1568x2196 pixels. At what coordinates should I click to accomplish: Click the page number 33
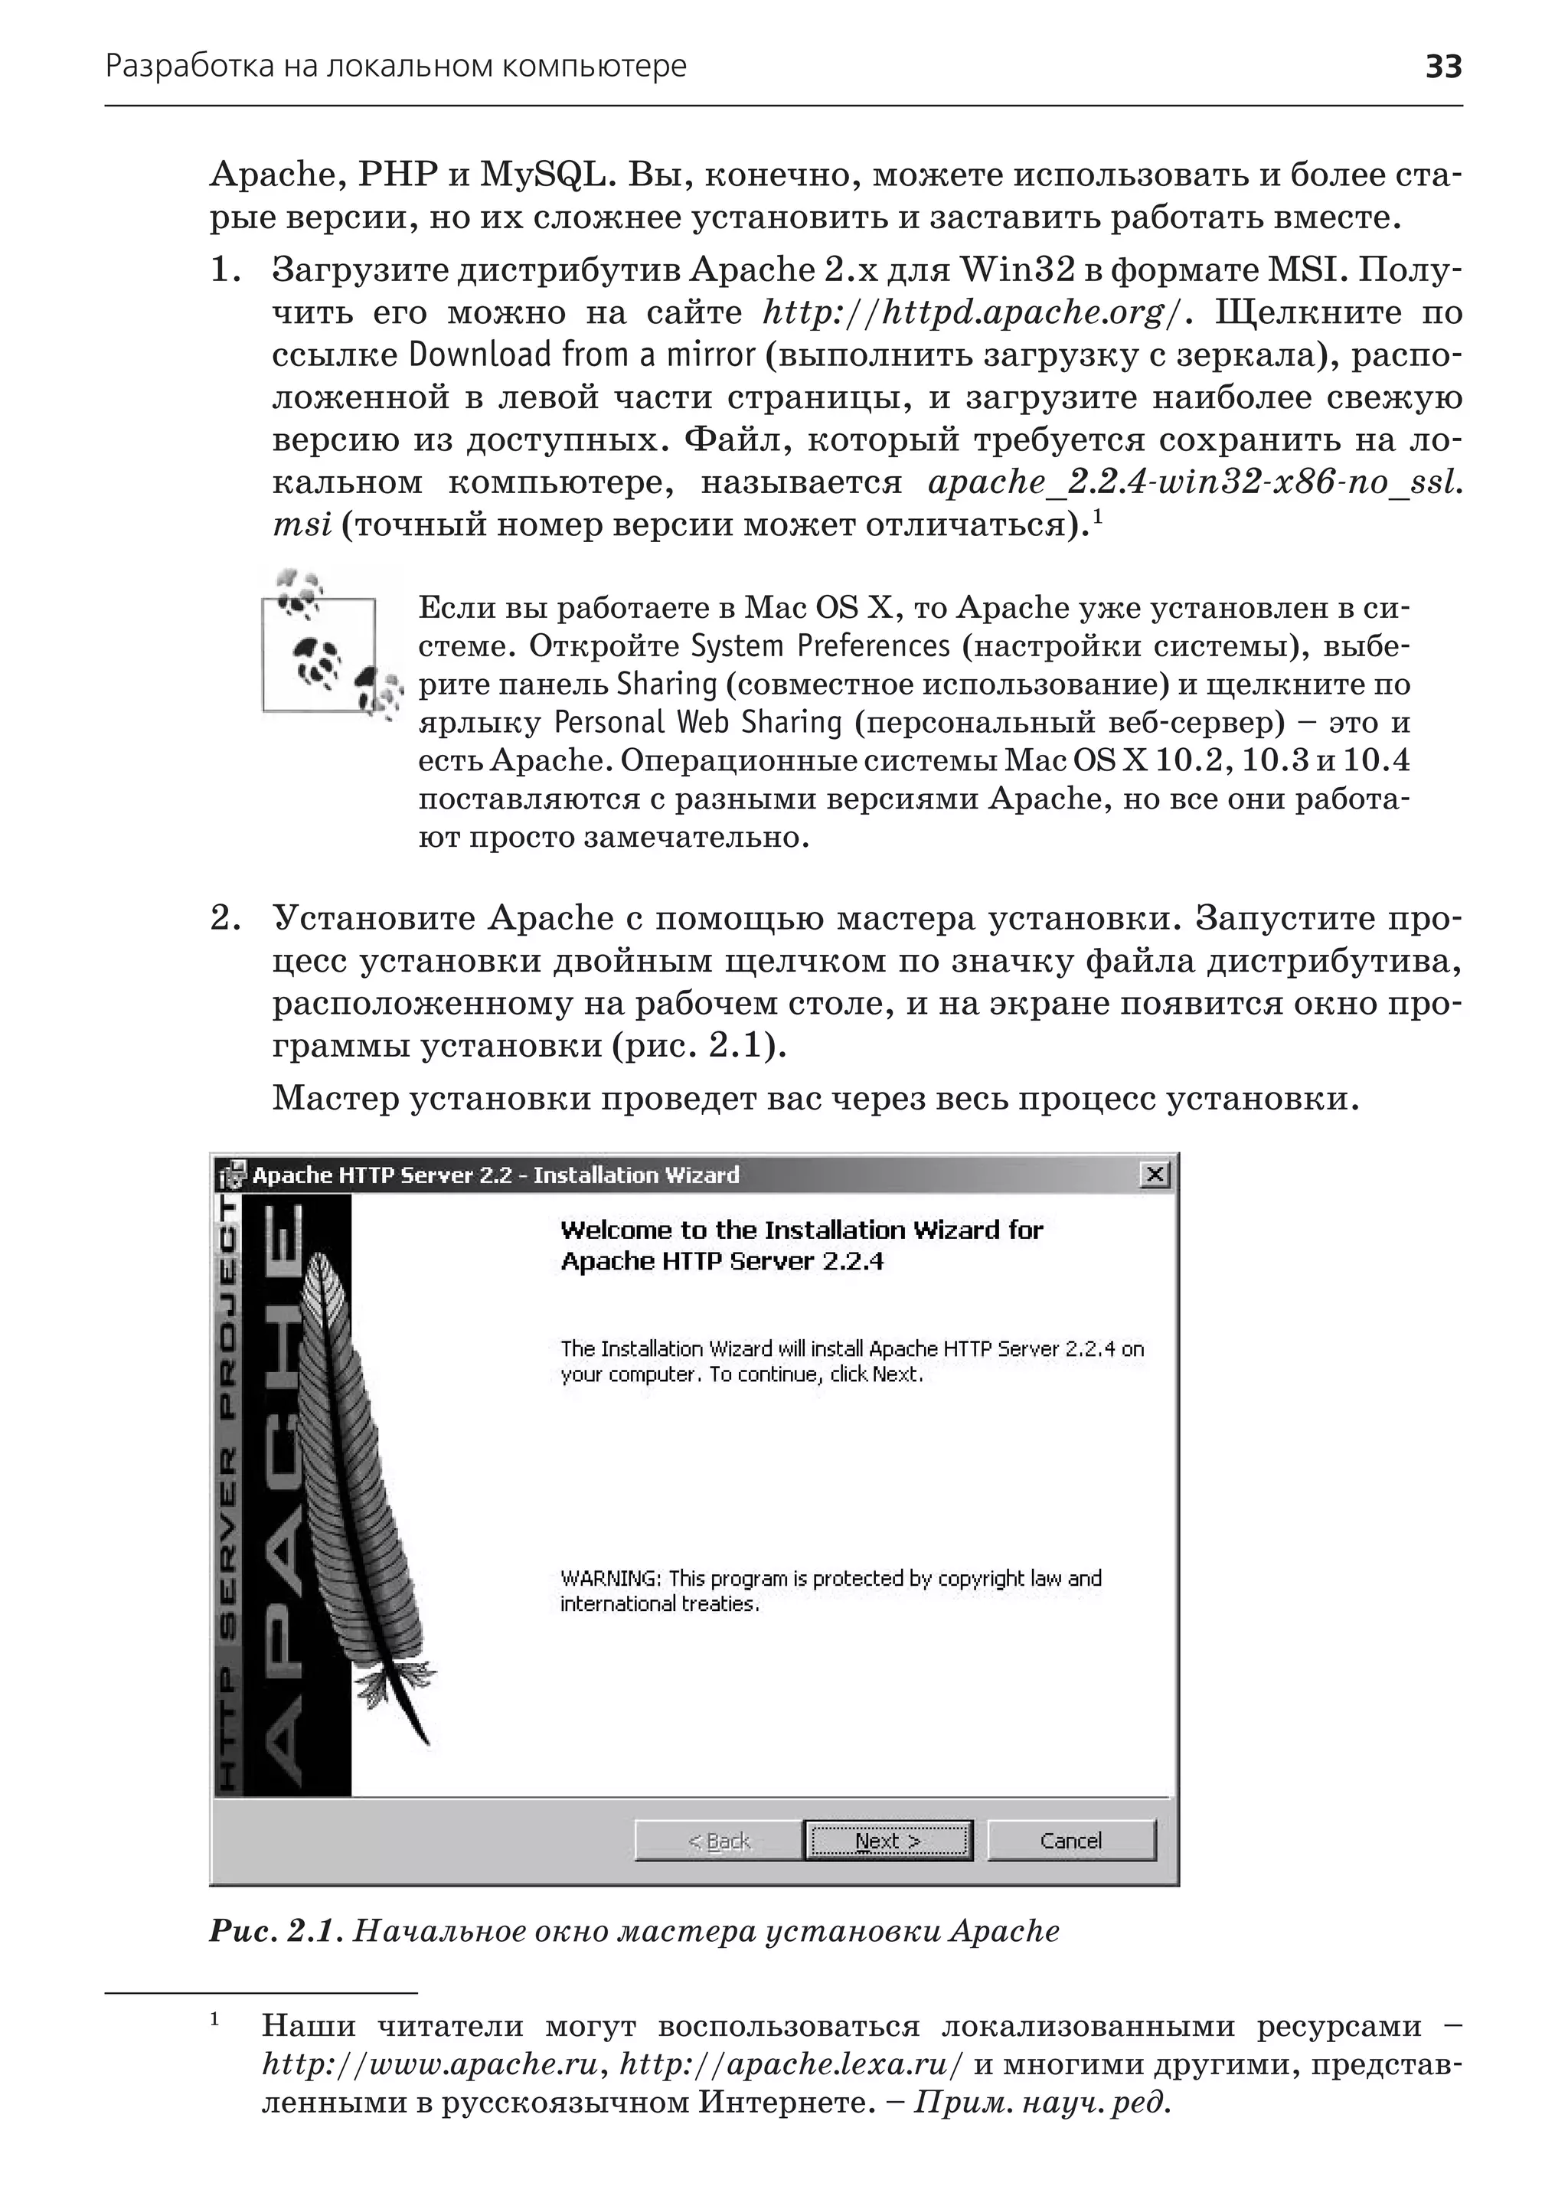(x=1443, y=67)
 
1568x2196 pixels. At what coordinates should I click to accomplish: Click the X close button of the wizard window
(x=1155, y=1175)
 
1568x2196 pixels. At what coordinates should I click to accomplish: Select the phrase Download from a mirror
(x=582, y=355)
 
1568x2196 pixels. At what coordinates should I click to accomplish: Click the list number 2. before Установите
(x=225, y=918)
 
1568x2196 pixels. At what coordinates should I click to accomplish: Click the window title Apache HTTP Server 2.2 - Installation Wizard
(x=495, y=1175)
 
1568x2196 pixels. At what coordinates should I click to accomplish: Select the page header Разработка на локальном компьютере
(x=396, y=67)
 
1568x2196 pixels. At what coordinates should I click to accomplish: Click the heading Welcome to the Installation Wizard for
(x=802, y=1230)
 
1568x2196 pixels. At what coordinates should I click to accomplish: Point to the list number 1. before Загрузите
(x=225, y=270)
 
